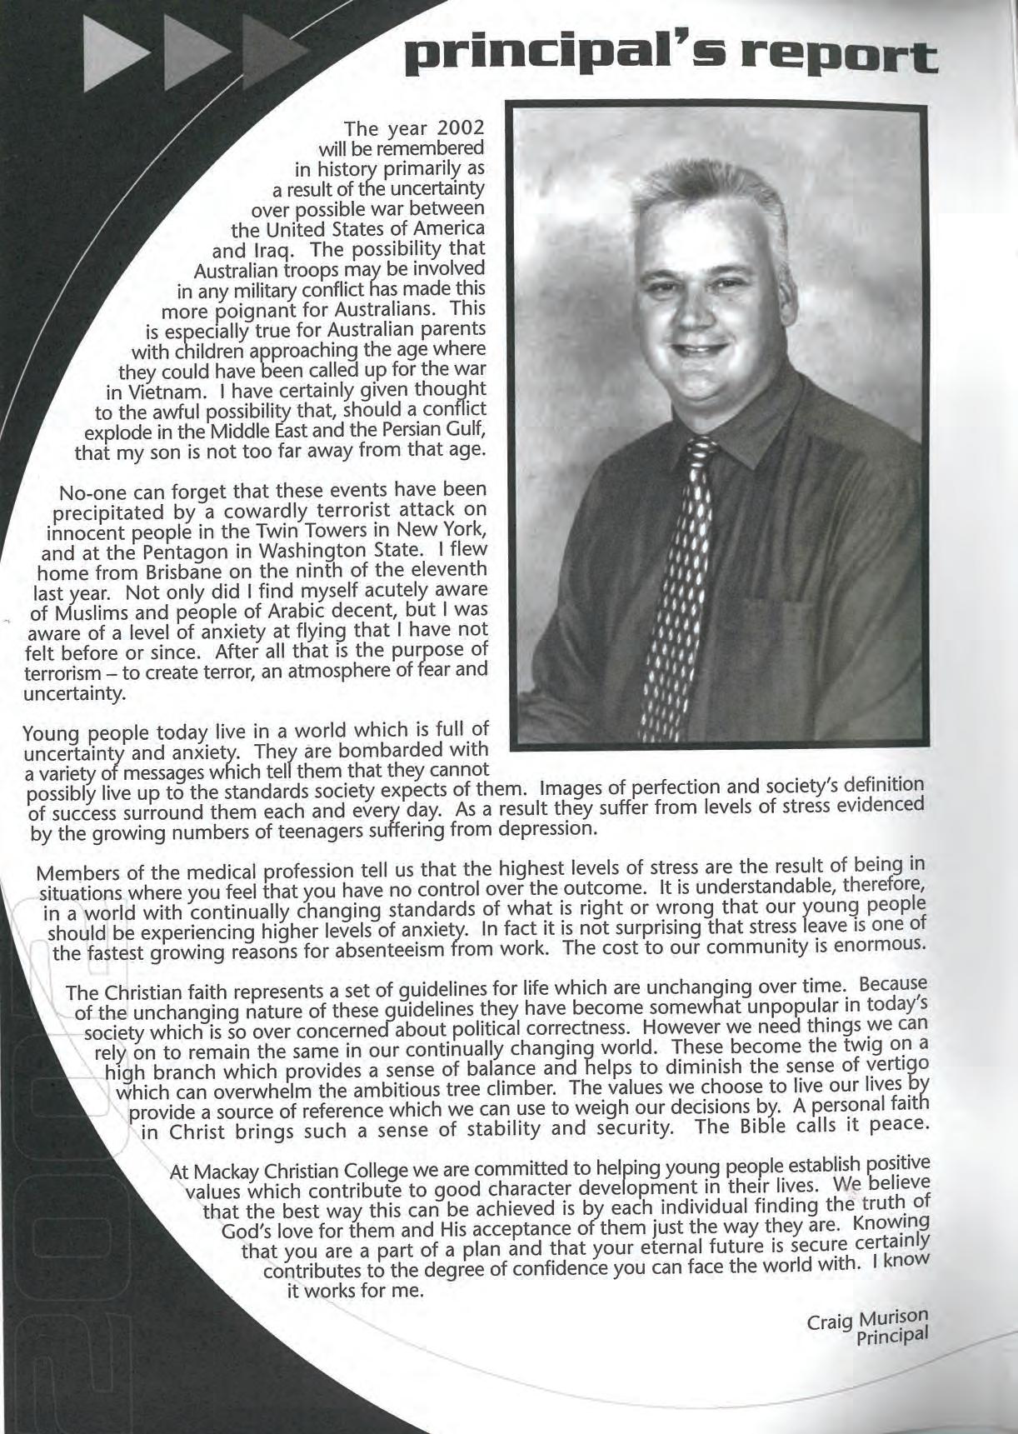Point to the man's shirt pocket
coord(791,633)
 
